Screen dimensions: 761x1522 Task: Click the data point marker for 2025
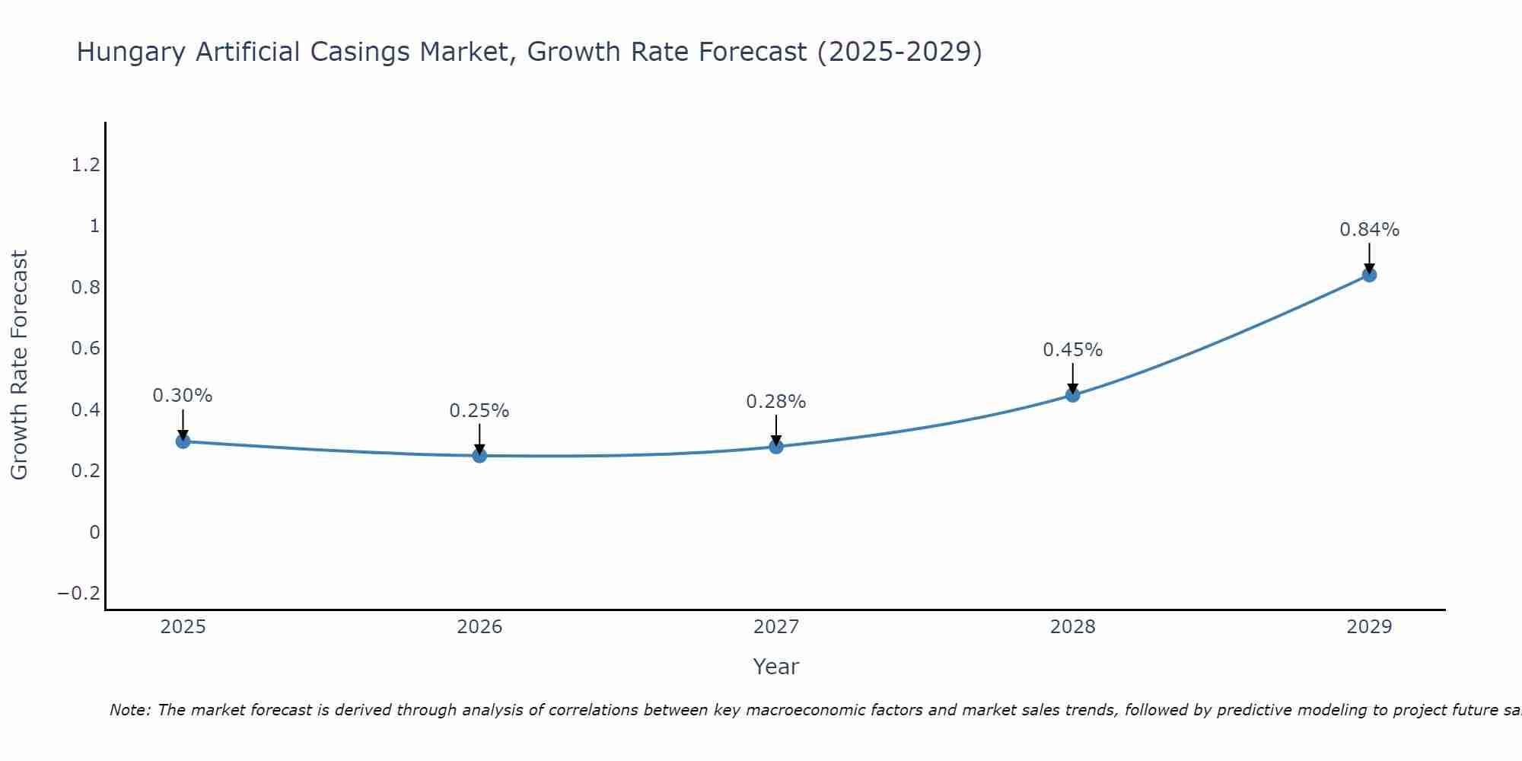(x=183, y=441)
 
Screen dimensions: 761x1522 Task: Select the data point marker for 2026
(x=479, y=455)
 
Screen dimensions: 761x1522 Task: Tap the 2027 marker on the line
(x=776, y=446)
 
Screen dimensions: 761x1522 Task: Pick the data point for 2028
(x=1072, y=394)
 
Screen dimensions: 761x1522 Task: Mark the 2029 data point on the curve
(x=1369, y=275)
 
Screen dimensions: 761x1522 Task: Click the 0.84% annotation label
(x=1369, y=230)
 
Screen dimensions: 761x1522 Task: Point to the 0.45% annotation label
(x=1072, y=350)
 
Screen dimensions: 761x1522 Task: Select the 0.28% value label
(x=775, y=402)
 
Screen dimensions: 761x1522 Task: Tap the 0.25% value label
(x=479, y=411)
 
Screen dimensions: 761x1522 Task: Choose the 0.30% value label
(x=183, y=396)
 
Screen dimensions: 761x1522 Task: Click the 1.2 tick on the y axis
(x=85, y=165)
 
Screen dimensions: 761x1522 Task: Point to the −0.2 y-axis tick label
(x=78, y=594)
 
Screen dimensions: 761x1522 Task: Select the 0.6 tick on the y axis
(x=85, y=349)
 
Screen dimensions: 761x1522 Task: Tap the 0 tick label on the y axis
(x=94, y=533)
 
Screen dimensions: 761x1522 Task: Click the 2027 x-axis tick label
(x=775, y=627)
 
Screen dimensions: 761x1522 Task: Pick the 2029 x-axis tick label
(x=1369, y=627)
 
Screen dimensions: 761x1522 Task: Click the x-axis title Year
(x=775, y=667)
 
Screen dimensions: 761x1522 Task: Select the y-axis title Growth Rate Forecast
(x=20, y=365)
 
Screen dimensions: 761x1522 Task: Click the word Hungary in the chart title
(x=131, y=53)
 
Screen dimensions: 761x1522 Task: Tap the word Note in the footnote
(x=130, y=711)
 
